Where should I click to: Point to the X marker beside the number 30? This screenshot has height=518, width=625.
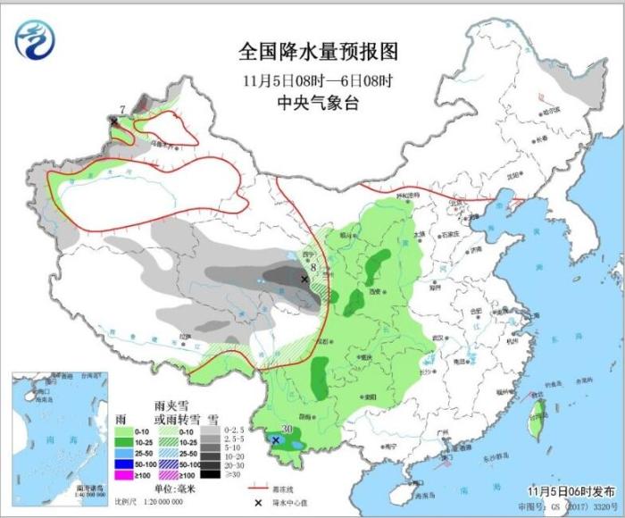pyautogui.click(x=276, y=440)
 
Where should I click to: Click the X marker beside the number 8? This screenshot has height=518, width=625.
pyautogui.click(x=304, y=280)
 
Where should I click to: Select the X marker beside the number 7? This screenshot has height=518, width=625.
pyautogui.click(x=113, y=120)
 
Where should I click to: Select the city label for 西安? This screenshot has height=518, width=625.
pyautogui.click(x=375, y=292)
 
